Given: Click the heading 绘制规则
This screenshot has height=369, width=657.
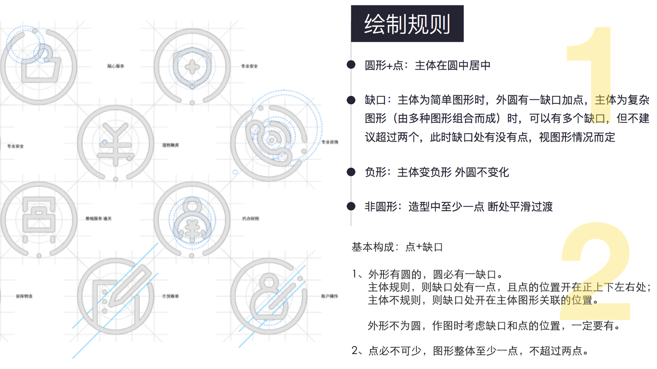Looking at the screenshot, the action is pos(407,24).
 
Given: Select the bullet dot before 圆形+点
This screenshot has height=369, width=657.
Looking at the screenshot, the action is pos(351,65).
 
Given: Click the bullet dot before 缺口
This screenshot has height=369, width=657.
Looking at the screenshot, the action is pos(351,100).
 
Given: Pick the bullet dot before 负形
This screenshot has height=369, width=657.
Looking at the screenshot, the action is pos(351,172).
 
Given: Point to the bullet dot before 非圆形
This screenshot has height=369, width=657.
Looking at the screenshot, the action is pos(351,206).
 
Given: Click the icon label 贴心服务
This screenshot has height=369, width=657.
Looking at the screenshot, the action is pos(116,66).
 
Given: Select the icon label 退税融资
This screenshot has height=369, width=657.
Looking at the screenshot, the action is pos(171,145).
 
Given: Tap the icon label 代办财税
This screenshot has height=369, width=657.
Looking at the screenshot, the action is pos(250,219).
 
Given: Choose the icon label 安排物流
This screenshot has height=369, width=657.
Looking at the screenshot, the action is pos(24,296).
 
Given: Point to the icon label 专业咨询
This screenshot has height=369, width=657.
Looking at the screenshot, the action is pos(330,142).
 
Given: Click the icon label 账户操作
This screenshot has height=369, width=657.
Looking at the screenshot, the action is pos(330,296).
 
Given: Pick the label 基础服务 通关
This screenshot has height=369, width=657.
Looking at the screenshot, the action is pos(98,219).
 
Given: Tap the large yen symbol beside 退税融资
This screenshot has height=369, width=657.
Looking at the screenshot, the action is pos(116,144).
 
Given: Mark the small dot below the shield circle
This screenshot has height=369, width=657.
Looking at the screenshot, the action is pos(192,103).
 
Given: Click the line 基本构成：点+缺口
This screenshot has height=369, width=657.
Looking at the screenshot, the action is pos(397,247).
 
